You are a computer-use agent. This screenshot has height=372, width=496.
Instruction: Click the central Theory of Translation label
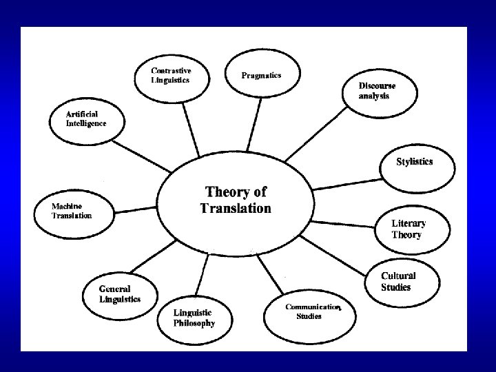(x=236, y=200)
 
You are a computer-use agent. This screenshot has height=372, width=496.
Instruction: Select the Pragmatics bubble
(x=261, y=75)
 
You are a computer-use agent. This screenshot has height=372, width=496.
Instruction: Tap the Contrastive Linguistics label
(x=172, y=74)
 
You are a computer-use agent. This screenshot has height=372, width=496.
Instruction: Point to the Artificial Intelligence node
(x=86, y=118)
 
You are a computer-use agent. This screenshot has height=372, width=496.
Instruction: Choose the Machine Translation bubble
(x=72, y=210)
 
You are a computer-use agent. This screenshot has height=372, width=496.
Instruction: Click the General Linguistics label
(x=120, y=294)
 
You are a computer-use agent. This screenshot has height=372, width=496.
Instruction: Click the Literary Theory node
(x=409, y=229)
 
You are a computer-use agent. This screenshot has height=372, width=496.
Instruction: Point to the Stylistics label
(x=415, y=162)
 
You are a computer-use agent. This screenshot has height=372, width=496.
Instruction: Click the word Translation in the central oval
(x=236, y=208)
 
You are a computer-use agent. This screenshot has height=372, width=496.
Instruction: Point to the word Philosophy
(x=194, y=323)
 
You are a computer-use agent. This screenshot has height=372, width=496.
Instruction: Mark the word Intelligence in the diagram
(x=86, y=123)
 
